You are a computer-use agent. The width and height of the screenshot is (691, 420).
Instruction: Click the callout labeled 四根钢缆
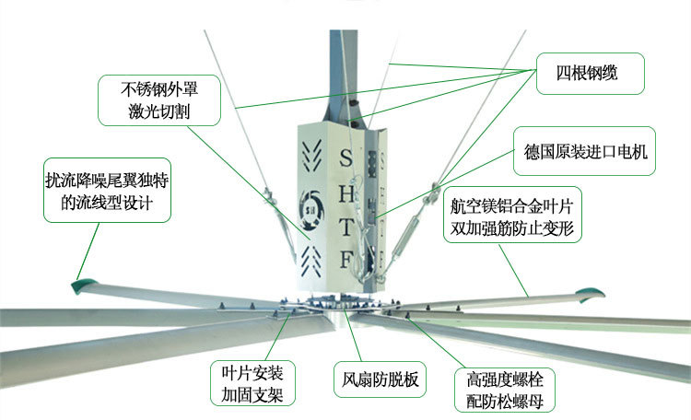[589, 75]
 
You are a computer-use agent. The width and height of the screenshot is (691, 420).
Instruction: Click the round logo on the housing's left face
[311, 202]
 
